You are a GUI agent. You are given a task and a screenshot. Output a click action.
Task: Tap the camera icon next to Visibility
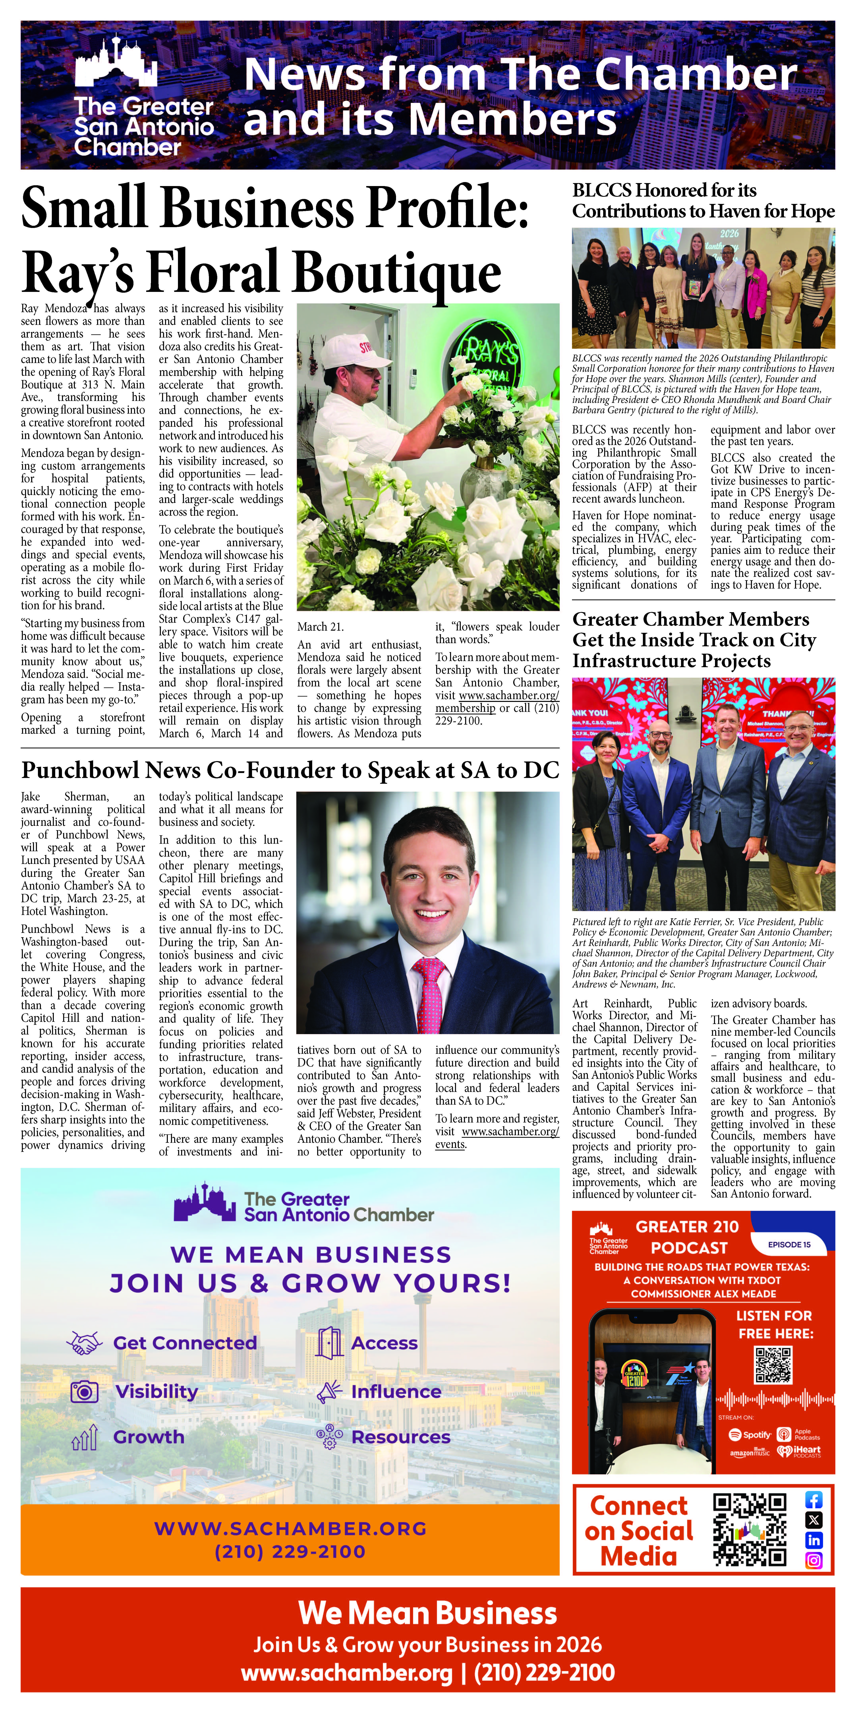click(x=84, y=1391)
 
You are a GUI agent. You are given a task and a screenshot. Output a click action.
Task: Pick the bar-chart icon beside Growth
click(x=84, y=1437)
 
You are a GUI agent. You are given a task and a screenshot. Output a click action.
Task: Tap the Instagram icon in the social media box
click(x=814, y=1560)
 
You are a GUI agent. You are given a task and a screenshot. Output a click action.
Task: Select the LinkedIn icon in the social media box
click(x=814, y=1540)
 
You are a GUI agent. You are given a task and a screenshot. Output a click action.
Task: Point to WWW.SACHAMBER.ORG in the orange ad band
click(x=290, y=1529)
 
